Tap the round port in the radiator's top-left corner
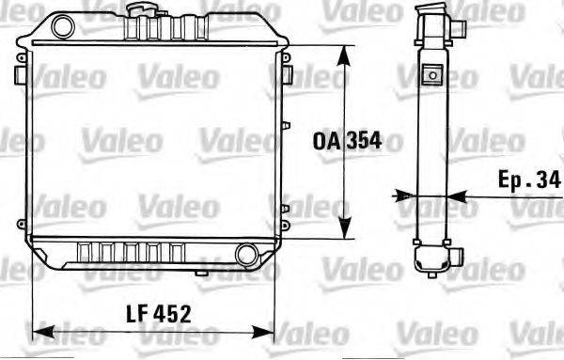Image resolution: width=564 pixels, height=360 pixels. click(62, 25)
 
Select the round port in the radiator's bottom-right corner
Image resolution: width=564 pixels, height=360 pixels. click(246, 254)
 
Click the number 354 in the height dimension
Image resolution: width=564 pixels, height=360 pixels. click(364, 141)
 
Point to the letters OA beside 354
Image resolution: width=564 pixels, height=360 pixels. click(327, 141)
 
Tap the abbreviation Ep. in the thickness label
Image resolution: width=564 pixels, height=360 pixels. click(514, 179)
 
